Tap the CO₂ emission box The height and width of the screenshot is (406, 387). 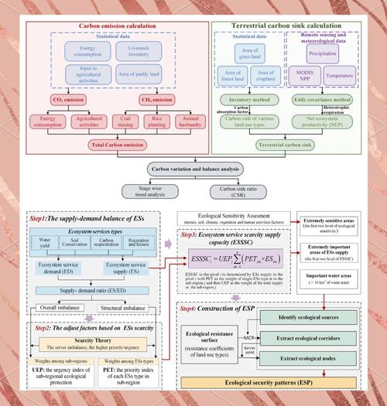(70, 99)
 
